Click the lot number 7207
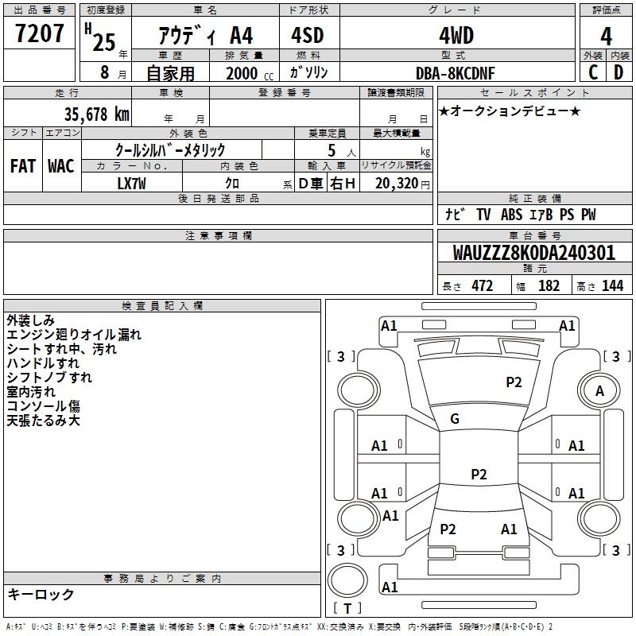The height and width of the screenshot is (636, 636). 39,33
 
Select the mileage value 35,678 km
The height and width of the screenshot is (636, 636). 97,114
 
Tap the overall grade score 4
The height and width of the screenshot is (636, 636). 606,37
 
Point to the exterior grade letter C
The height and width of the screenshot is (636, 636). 593,72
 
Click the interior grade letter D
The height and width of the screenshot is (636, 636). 619,72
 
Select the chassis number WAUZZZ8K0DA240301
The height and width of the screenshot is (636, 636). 533,253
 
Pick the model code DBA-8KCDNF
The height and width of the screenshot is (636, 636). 456,73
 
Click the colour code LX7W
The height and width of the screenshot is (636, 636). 131,184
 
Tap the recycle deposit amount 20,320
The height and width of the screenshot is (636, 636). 397,184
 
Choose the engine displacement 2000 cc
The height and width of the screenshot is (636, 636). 250,73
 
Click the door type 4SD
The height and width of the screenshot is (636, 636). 308,35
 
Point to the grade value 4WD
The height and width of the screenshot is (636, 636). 456,36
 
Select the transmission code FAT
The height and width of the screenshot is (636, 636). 23,166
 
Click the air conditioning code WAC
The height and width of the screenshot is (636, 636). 61,166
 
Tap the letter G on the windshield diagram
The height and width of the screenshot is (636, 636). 455,419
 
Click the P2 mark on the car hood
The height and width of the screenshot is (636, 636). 514,382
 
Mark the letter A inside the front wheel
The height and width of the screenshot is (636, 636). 599,391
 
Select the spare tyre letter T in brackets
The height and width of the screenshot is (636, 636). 347,608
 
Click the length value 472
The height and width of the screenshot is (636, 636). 483,285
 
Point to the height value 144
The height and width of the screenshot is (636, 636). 612,285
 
